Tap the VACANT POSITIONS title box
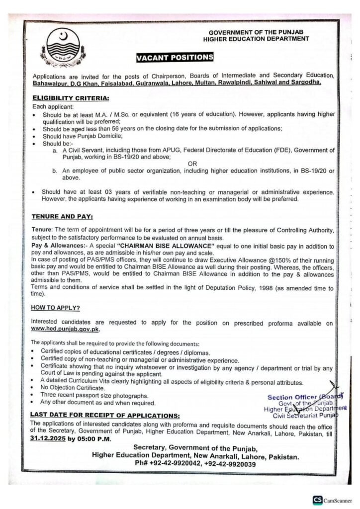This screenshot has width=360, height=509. (175, 58)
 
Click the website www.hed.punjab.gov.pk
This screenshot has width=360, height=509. (59, 330)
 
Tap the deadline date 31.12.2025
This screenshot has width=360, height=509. (46, 439)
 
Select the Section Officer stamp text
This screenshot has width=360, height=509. (302, 397)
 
